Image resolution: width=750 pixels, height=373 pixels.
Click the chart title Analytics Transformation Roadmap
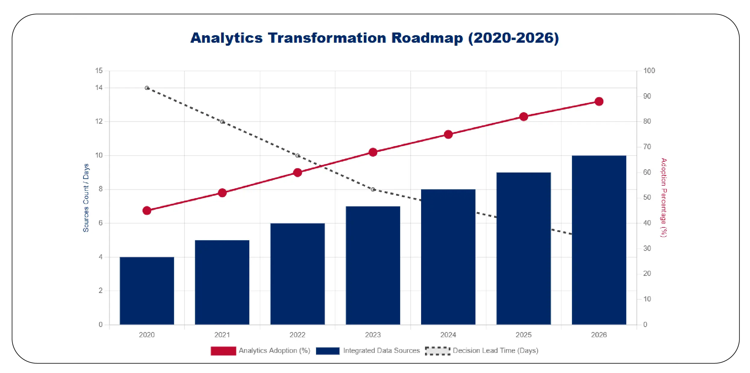pos(375,38)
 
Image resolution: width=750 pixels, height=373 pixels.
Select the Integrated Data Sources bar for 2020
pos(147,291)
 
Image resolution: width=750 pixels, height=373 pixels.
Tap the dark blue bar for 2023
pos(373,265)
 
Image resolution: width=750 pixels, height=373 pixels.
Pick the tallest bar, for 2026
pos(599,240)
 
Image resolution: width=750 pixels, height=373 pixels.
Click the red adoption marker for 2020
pos(147,211)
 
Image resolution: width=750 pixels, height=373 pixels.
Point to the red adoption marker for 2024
pos(448,134)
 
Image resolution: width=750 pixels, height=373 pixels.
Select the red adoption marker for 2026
pos(599,102)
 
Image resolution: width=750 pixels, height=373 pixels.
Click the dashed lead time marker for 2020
pos(147,88)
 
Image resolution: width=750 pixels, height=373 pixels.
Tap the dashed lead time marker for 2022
pos(298,156)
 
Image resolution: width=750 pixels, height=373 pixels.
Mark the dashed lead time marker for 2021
pos(222,122)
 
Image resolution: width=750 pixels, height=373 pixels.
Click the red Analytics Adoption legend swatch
pos(223,351)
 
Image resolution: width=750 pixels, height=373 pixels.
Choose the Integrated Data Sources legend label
pos(381,351)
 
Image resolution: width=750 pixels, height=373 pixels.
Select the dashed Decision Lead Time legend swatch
pos(437,351)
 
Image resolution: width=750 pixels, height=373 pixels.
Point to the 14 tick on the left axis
pos(99,88)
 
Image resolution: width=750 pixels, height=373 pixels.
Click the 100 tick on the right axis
pos(649,71)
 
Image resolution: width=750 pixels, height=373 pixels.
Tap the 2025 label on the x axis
pos(524,335)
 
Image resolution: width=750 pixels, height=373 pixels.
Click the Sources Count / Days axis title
pos(86,198)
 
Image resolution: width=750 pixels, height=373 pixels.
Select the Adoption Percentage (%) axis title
pos(664,198)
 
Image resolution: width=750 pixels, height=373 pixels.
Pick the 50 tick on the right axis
pos(647,198)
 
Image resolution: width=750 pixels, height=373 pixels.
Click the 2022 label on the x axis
pos(297,335)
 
